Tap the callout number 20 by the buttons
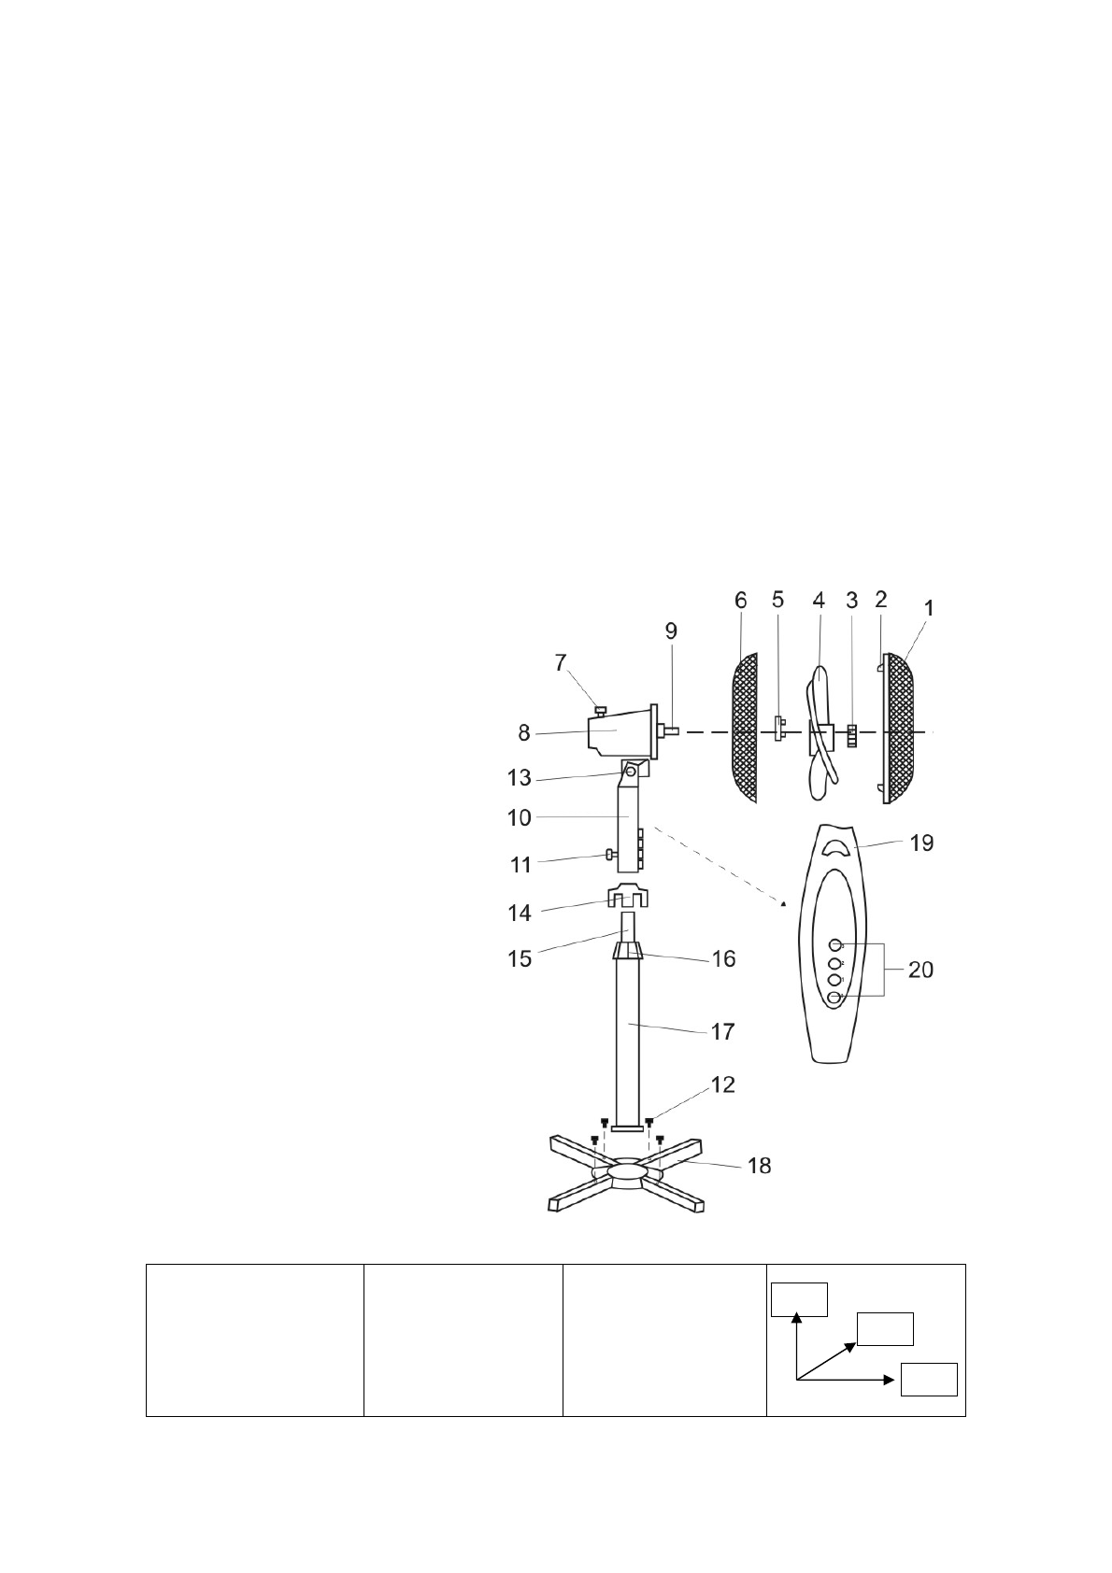pyautogui.click(x=920, y=970)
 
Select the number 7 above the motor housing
pyautogui.click(x=561, y=663)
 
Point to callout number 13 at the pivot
pyautogui.click(x=520, y=778)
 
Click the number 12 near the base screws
pyautogui.click(x=723, y=1085)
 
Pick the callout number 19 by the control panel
pyautogui.click(x=921, y=843)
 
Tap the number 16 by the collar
pyautogui.click(x=723, y=959)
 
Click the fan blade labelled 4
pyautogui.click(x=820, y=732)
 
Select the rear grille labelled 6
pyautogui.click(x=745, y=729)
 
